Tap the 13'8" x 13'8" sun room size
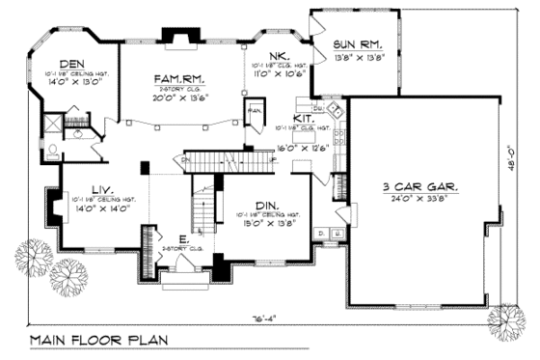[x=359, y=57]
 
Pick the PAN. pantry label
[x=255, y=109]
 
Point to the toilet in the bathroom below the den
[x=53, y=150]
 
